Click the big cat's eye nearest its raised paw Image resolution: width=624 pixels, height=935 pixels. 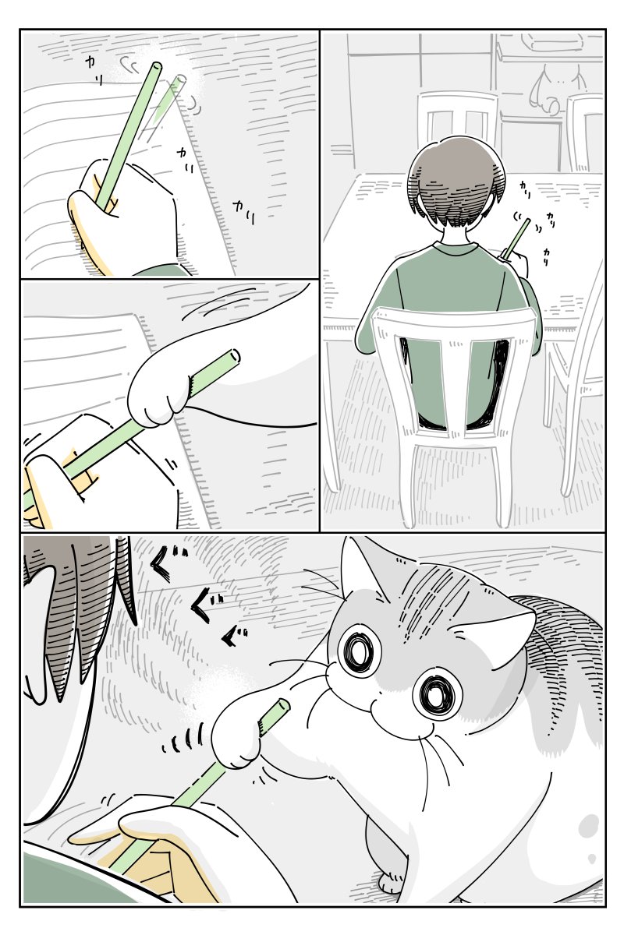coord(359,652)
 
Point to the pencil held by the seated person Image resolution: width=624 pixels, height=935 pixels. coord(517,238)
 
